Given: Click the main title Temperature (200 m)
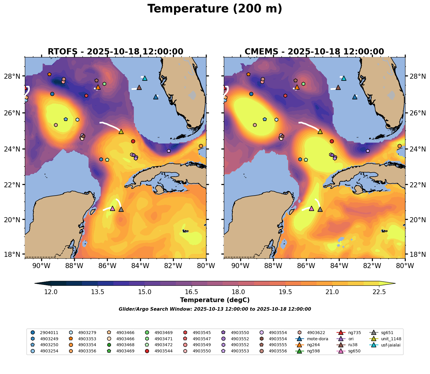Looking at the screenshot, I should coord(215,9).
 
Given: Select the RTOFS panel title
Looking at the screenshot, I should coord(115,52).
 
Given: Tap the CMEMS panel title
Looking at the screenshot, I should coord(314,52).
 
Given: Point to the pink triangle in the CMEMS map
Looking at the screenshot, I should coord(311,209).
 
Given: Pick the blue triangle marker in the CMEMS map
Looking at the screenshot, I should coord(355,97).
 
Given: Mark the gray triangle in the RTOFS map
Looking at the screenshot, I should coord(121,209).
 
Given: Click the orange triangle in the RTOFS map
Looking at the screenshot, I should coord(98,87).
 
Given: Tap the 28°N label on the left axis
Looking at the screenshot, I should coord(14,76).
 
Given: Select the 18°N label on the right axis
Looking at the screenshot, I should coord(418,254).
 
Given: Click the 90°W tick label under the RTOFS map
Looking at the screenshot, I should coord(41,266).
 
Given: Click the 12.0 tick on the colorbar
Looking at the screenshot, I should coord(51,292).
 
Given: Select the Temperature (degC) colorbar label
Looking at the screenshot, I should coord(215,300).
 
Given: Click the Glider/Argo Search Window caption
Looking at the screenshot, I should coord(215,309).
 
